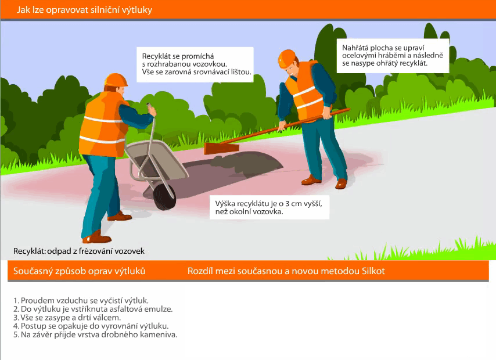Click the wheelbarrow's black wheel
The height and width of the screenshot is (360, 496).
point(164,196)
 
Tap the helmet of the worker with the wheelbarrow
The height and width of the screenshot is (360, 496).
point(116,80)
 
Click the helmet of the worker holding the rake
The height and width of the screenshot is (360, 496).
point(287,59)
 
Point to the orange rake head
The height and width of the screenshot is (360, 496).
point(221,148)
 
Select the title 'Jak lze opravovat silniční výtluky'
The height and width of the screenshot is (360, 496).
point(84,10)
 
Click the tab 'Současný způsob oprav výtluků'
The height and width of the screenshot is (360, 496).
point(80,271)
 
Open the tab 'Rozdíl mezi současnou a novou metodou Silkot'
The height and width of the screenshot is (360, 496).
point(286,271)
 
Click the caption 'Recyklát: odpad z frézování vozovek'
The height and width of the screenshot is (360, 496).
point(79,251)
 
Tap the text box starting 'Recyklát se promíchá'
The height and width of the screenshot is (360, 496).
point(195,64)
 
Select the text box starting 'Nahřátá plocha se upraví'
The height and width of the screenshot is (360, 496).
point(393,56)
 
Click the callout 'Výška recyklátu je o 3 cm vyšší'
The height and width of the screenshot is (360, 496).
point(269,207)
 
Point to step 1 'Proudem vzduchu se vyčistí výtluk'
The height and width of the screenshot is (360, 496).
point(81,300)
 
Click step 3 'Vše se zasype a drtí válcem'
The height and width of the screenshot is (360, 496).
point(67,317)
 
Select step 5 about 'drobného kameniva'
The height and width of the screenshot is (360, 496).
point(95,334)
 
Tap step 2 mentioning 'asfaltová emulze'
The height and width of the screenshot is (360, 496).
point(93,309)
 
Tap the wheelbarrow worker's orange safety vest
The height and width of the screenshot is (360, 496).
point(103,125)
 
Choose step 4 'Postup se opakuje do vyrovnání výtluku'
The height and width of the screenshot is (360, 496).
point(91,326)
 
